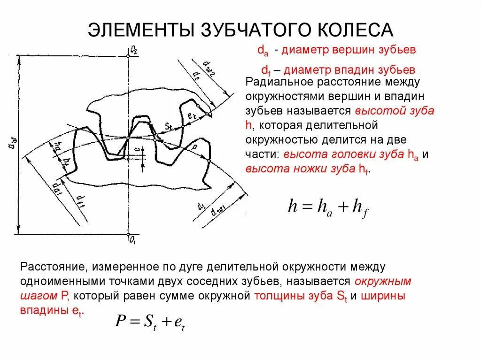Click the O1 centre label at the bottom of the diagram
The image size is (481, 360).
pos(134,239)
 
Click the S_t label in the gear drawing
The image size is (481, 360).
pos(169,126)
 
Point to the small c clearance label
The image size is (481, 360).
pos(136,149)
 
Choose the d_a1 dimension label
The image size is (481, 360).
pos(57,188)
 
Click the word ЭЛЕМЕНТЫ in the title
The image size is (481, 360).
pos(141,30)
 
